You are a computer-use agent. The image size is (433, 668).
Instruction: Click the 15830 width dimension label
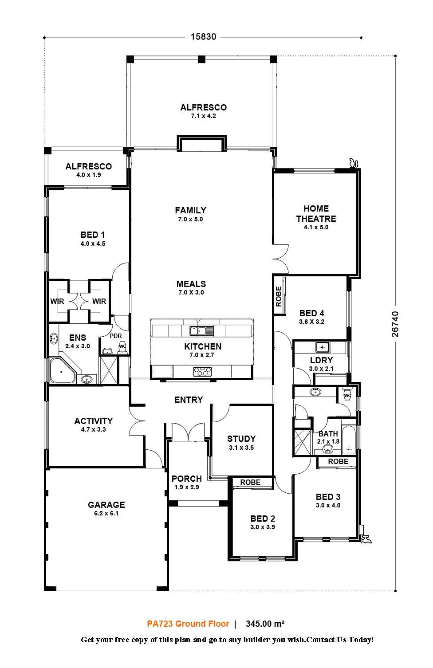(203, 37)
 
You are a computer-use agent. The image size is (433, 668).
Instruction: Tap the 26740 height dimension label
(395, 324)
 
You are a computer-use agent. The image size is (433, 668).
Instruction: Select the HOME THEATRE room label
(316, 213)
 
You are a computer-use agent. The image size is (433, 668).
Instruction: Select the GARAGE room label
(106, 505)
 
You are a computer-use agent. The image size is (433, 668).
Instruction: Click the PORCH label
(187, 479)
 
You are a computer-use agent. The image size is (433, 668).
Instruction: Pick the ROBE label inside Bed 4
(279, 296)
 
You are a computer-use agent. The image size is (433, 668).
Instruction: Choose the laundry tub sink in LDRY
(322, 346)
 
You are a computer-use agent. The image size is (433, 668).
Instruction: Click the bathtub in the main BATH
(349, 440)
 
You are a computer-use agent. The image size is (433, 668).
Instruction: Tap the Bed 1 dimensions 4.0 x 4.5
(93, 244)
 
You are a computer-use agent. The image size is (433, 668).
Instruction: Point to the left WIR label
(57, 301)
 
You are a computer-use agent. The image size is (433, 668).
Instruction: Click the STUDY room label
(241, 439)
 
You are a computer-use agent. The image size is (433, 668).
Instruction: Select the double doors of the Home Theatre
(280, 258)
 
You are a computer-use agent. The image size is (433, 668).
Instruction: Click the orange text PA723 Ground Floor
(188, 624)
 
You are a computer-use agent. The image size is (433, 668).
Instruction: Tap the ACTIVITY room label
(93, 421)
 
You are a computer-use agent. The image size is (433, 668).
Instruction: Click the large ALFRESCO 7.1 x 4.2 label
(203, 108)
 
